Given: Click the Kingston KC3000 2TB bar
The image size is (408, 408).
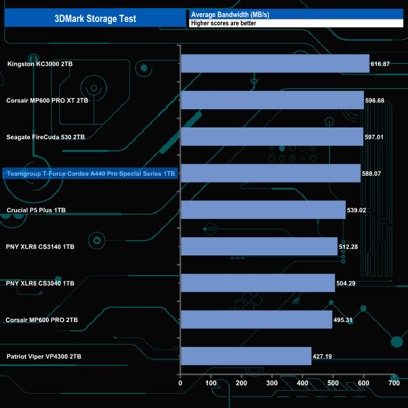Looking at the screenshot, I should (x=274, y=63).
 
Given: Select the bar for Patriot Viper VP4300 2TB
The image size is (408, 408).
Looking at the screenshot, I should (x=245, y=356).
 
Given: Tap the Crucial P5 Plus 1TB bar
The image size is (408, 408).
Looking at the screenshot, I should (x=262, y=210).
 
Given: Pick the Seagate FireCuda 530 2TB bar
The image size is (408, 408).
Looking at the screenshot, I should (x=271, y=136).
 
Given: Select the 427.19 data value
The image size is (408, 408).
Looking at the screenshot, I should (x=325, y=357).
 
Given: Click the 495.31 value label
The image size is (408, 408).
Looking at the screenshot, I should (x=345, y=320).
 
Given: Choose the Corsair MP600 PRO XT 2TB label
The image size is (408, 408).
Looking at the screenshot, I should (x=48, y=100).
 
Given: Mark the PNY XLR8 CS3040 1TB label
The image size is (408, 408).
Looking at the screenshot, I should (x=40, y=283).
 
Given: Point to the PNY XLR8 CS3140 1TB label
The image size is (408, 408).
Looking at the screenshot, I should (x=40, y=247).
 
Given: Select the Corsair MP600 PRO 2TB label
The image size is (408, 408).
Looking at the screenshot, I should (x=42, y=320).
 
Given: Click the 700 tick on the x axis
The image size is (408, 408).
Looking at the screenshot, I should (x=394, y=382).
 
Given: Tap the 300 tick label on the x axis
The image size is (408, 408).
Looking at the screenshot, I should (x=272, y=382).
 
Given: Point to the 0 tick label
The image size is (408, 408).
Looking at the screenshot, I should (x=181, y=382).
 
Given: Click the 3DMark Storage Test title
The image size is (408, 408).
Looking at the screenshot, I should (x=95, y=18).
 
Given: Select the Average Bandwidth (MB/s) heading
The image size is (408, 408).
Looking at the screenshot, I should (x=230, y=14).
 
